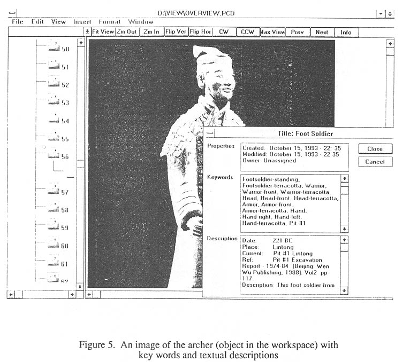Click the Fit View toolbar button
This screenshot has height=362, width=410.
click(x=103, y=32)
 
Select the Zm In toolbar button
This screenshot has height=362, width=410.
click(x=151, y=32)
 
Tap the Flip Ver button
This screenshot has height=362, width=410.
click(x=176, y=32)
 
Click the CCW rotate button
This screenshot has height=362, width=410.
click(x=248, y=32)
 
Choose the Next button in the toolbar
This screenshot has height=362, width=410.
click(x=322, y=33)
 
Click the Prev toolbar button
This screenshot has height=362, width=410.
click(x=298, y=33)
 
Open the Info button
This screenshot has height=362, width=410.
click(x=346, y=33)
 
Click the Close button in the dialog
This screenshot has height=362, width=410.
click(x=375, y=149)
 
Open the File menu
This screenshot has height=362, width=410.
click(x=18, y=22)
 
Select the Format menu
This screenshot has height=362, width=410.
click(x=109, y=22)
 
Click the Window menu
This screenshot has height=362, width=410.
click(x=140, y=22)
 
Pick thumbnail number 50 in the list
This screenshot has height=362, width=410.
click(x=54, y=48)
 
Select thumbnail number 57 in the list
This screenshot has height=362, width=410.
click(x=54, y=191)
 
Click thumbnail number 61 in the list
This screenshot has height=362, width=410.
click(x=54, y=263)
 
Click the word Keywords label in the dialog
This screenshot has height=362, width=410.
click(x=220, y=177)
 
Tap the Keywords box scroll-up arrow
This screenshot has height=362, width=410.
click(x=344, y=178)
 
